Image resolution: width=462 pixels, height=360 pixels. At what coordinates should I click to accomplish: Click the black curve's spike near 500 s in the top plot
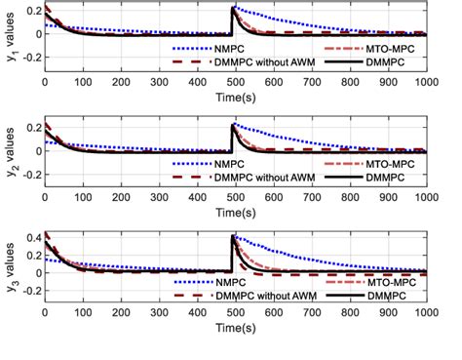[x=233, y=9]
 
